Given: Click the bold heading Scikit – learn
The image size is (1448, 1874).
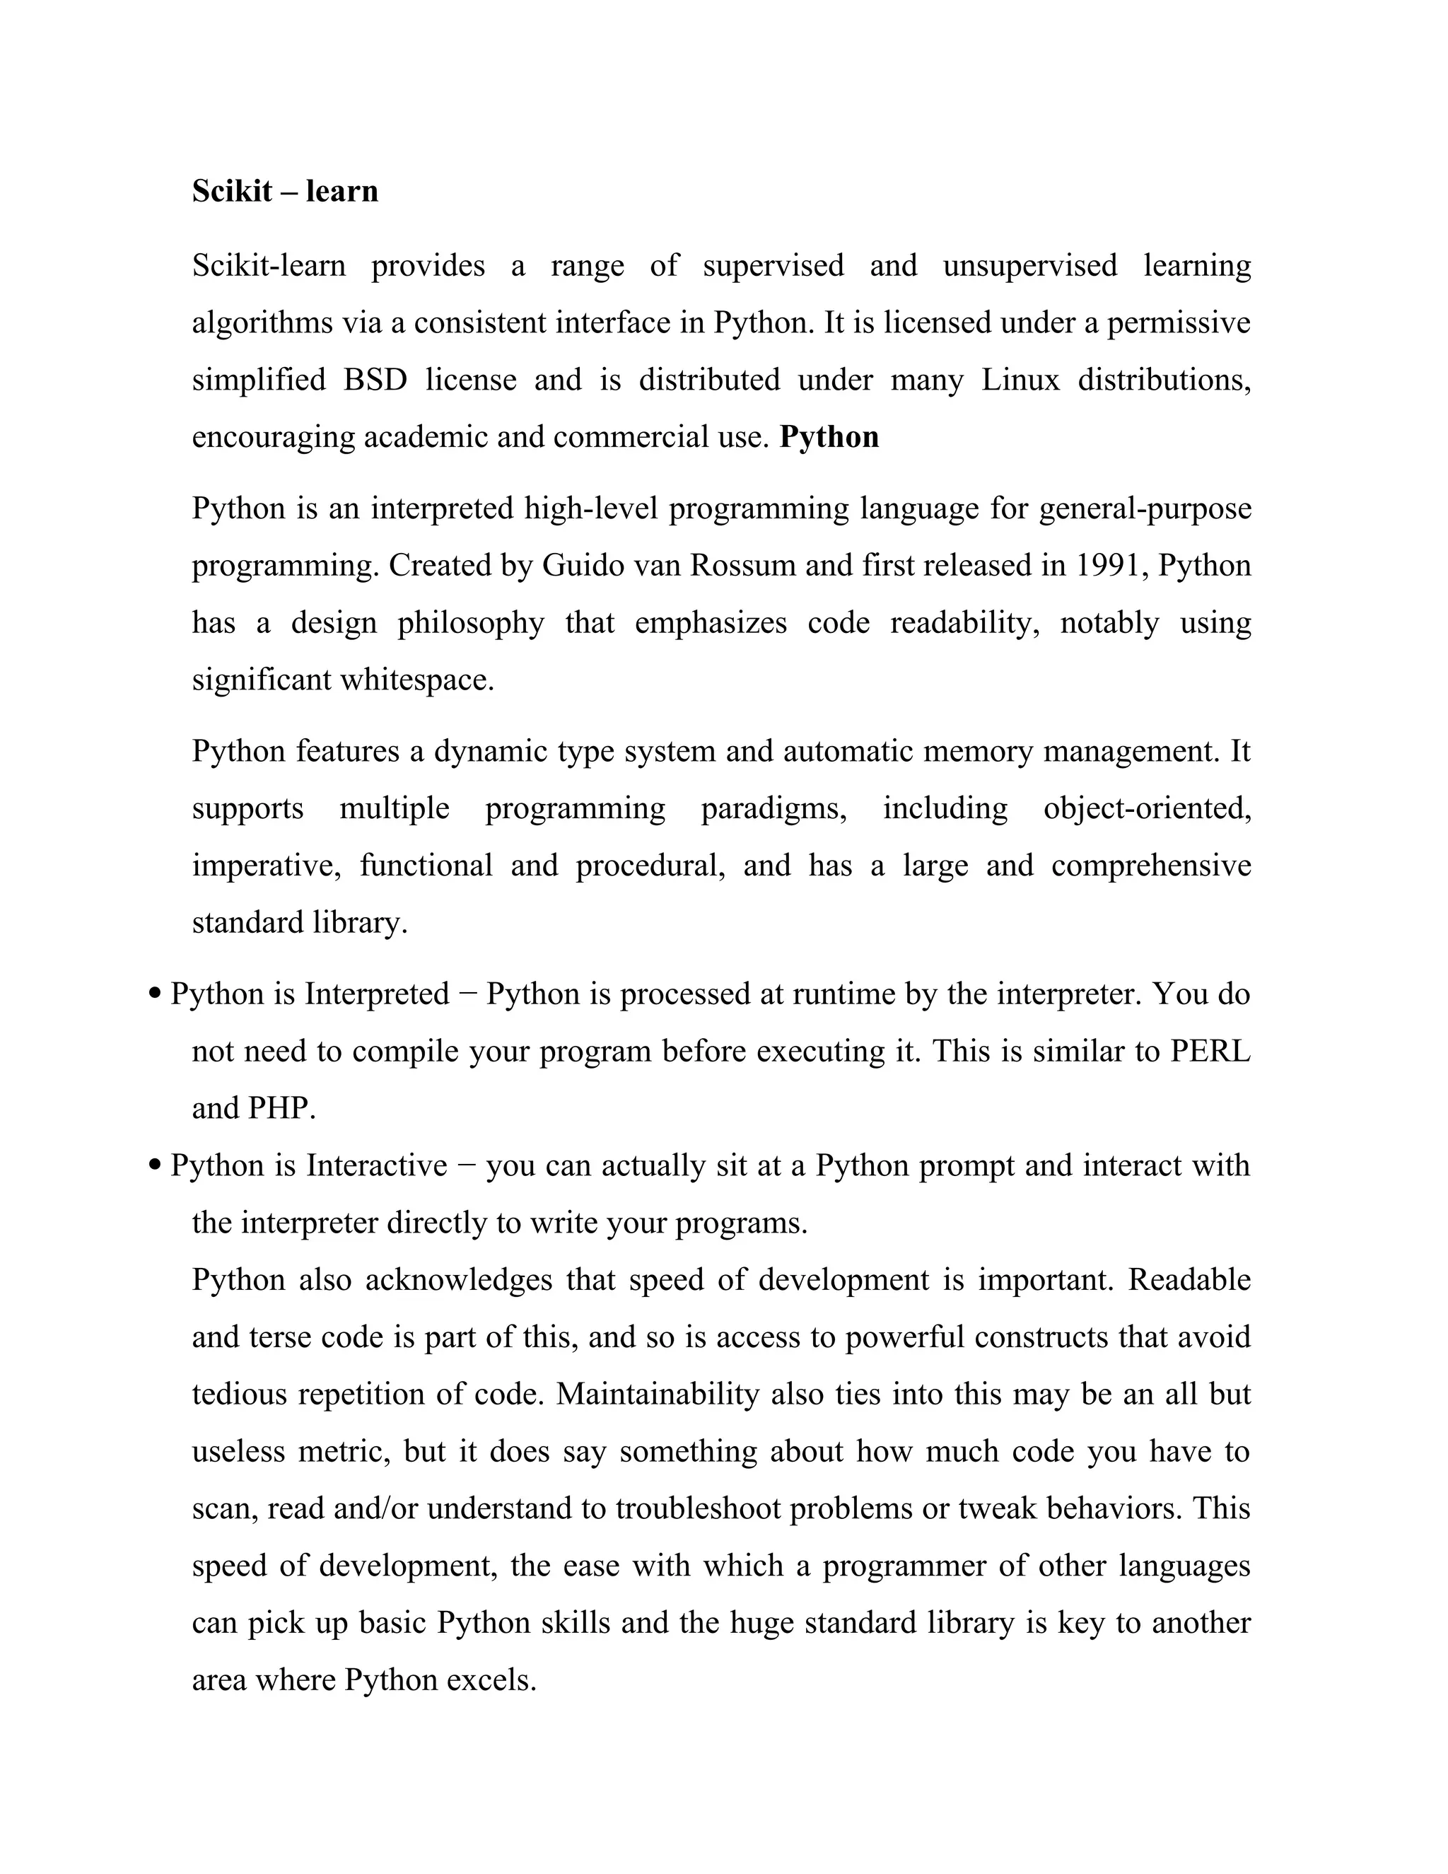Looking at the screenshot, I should click(285, 190).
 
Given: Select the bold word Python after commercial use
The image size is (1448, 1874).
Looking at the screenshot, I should click(829, 437).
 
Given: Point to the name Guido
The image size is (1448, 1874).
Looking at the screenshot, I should click(583, 566).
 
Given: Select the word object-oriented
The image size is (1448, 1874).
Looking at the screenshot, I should click(1146, 808).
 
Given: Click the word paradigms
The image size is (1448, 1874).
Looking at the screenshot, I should click(773, 808).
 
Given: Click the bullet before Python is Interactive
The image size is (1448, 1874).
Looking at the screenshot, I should click(156, 1166).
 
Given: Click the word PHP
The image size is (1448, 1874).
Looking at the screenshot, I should click(281, 1109).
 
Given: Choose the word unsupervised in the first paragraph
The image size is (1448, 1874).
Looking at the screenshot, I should click(1029, 265).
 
